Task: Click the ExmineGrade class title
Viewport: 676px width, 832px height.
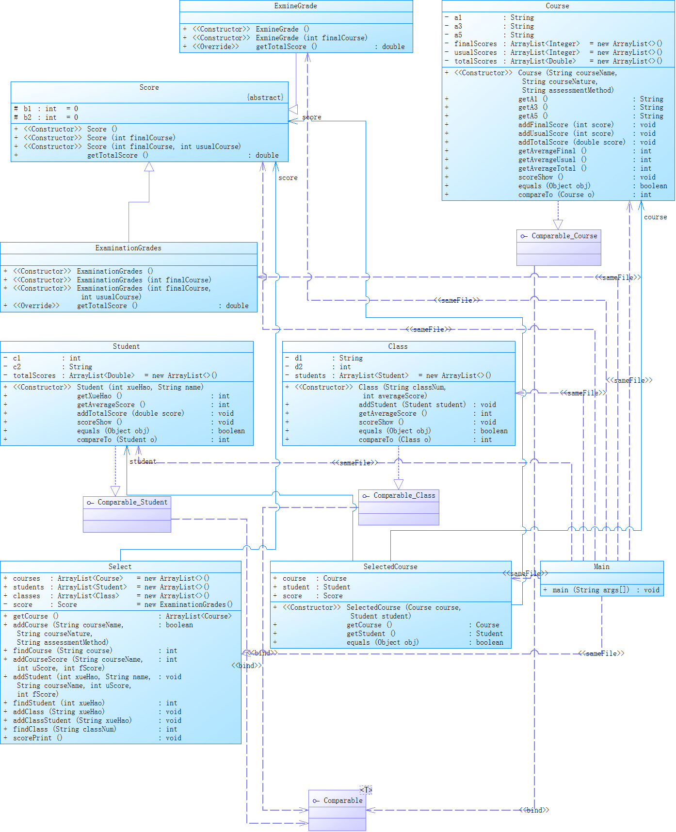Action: pyautogui.click(x=295, y=6)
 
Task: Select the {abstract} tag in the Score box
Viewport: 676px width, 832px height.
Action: pyautogui.click(x=265, y=98)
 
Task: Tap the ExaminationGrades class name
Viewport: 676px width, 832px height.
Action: pyautogui.click(x=128, y=248)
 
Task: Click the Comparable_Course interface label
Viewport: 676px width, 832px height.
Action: pyautogui.click(x=564, y=236)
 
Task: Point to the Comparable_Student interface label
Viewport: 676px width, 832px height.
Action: pyautogui.click(x=132, y=503)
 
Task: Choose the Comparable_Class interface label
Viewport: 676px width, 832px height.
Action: pyautogui.click(x=404, y=496)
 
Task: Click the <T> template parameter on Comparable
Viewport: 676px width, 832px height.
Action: pyautogui.click(x=366, y=790)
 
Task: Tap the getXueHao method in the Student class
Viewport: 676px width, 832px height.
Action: pyautogui.click(x=99, y=396)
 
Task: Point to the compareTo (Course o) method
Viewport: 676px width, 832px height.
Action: pyautogui.click(x=556, y=195)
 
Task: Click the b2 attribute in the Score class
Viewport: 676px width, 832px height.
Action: pyautogui.click(x=28, y=117)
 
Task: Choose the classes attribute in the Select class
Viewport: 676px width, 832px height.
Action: pyautogui.click(x=27, y=596)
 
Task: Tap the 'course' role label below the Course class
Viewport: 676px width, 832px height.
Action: pyautogui.click(x=655, y=217)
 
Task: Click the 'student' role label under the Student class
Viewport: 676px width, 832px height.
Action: pyautogui.click(x=143, y=461)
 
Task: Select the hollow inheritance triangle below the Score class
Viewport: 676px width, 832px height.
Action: pyautogui.click(x=149, y=167)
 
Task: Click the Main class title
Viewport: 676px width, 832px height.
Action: pyautogui.click(x=601, y=567)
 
